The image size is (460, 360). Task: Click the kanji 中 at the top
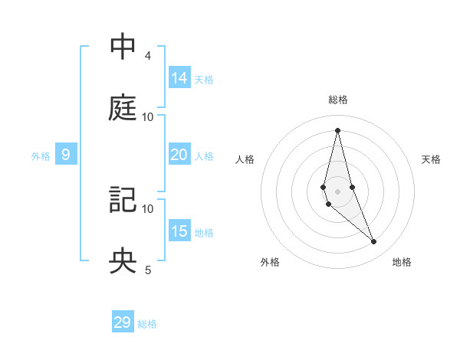tap(123, 47)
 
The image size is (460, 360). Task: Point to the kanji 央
tap(123, 261)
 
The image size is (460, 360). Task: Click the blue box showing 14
tap(179, 77)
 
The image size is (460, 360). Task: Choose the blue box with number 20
tap(179, 155)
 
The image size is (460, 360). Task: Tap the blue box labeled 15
tap(179, 232)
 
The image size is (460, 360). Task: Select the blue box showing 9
tap(66, 155)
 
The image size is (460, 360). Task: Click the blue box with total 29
tap(123, 322)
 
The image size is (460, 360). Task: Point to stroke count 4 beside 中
tap(147, 56)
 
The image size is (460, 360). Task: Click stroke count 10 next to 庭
tap(148, 116)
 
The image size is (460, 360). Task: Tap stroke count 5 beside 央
tap(147, 270)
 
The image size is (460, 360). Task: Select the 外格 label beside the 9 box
tap(41, 155)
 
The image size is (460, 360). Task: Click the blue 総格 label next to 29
tap(147, 323)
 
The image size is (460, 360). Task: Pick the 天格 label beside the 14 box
tap(204, 79)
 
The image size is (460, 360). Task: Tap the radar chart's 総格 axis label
tap(338, 100)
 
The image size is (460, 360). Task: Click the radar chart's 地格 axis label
tap(402, 262)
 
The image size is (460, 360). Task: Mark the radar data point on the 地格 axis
tap(374, 242)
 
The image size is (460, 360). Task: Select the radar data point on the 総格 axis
tap(337, 129)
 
